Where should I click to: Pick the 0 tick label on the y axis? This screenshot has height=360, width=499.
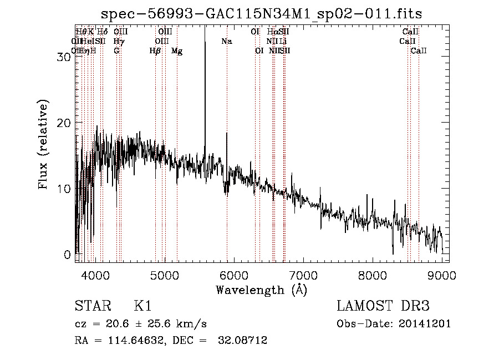pyautogui.click(x=68, y=255)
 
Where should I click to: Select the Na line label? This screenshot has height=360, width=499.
pyautogui.click(x=226, y=41)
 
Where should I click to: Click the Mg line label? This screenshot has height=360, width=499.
pyautogui.click(x=177, y=50)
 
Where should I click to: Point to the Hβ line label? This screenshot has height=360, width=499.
pyautogui.click(x=155, y=50)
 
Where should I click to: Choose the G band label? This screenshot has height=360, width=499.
pyautogui.click(x=116, y=50)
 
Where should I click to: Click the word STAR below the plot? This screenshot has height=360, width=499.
pyautogui.click(x=90, y=306)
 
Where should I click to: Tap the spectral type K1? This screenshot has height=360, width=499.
pyautogui.click(x=142, y=306)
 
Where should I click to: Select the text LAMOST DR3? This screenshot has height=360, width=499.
pyautogui.click(x=383, y=306)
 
